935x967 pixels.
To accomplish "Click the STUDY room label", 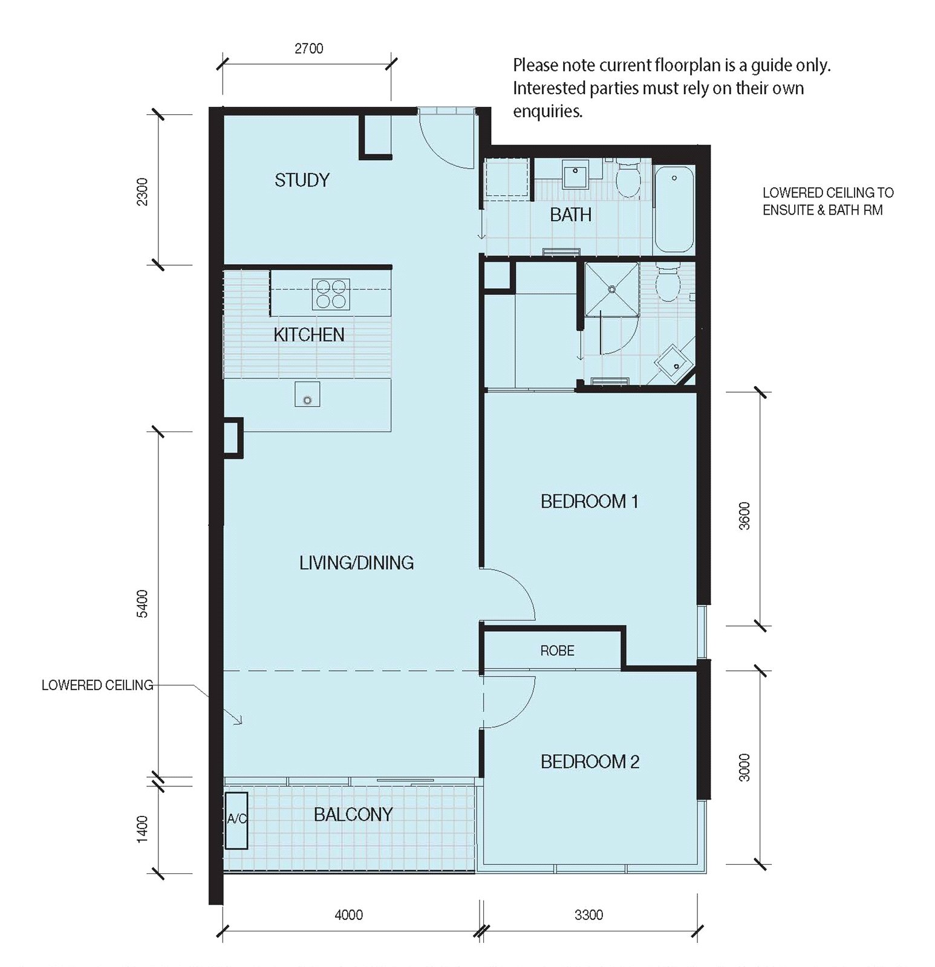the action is pos(302,180).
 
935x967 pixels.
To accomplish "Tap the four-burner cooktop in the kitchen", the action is pos(331,294).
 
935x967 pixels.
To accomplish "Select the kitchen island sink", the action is pos(307,394).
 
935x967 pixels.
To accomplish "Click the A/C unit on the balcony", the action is pos(236,820).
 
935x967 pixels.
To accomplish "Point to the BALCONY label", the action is pos(353,815).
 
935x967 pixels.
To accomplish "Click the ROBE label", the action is pos(557,651).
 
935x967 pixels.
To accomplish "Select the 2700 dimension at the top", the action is pos(309,48).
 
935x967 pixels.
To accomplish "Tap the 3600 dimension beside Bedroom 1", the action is pos(744,516).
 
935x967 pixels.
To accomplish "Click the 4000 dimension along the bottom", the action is pos(349,915).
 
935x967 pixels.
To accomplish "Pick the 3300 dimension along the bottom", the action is pos(589,915).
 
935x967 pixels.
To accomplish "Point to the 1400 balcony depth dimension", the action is pos(142,829).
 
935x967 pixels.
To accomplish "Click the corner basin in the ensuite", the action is pos(674,362).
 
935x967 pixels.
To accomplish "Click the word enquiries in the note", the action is pos(547,112).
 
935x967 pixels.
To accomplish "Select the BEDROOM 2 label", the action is pos(590,762).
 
